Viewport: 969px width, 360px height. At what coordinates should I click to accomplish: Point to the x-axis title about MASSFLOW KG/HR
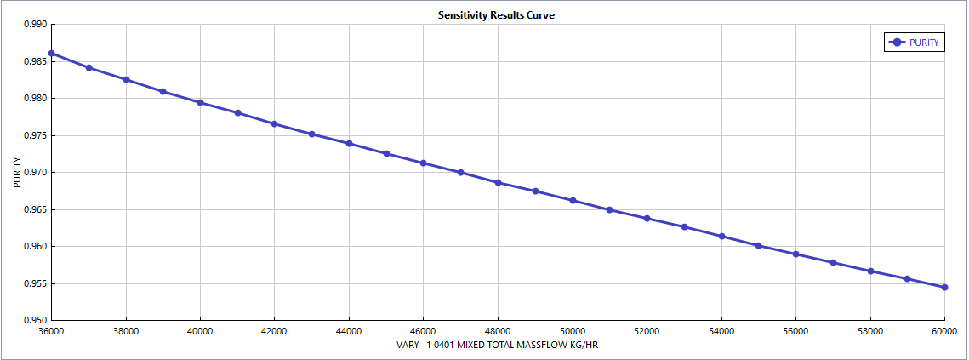coord(498,346)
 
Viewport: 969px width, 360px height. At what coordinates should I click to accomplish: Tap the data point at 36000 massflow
coord(52,54)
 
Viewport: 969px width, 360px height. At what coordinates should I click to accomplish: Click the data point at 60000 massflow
coord(944,287)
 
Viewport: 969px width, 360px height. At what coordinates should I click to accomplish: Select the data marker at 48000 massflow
coord(499,183)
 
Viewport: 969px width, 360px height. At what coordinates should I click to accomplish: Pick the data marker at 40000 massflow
coord(201,103)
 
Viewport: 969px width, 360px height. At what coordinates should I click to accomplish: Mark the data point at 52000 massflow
coord(647,219)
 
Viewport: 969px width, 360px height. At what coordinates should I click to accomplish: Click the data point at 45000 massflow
coord(387,154)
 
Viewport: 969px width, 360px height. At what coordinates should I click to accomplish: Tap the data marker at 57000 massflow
coord(833,263)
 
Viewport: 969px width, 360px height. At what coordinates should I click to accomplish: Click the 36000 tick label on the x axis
coord(52,331)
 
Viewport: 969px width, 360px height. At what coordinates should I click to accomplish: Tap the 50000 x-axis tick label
coord(573,331)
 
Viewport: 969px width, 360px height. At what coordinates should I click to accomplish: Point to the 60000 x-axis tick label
coord(944,331)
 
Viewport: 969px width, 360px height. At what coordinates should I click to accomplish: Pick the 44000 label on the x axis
coord(350,331)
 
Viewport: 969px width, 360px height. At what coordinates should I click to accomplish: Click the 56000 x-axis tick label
coord(795,331)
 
